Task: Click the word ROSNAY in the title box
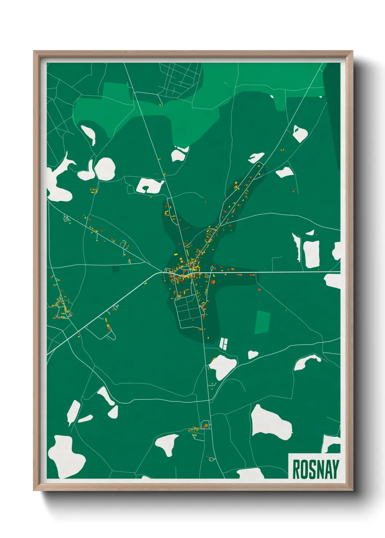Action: tap(315, 469)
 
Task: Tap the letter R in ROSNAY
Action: tap(296, 469)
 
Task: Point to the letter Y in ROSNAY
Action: tap(336, 469)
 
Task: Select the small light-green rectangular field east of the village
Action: tap(263, 322)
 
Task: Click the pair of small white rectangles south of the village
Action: tap(223, 343)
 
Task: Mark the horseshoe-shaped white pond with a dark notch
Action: tap(149, 185)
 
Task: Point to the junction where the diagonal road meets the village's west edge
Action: tap(163, 272)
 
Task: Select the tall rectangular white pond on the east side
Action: tap(311, 254)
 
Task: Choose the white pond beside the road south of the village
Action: tap(223, 366)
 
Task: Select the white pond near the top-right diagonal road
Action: tap(299, 133)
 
